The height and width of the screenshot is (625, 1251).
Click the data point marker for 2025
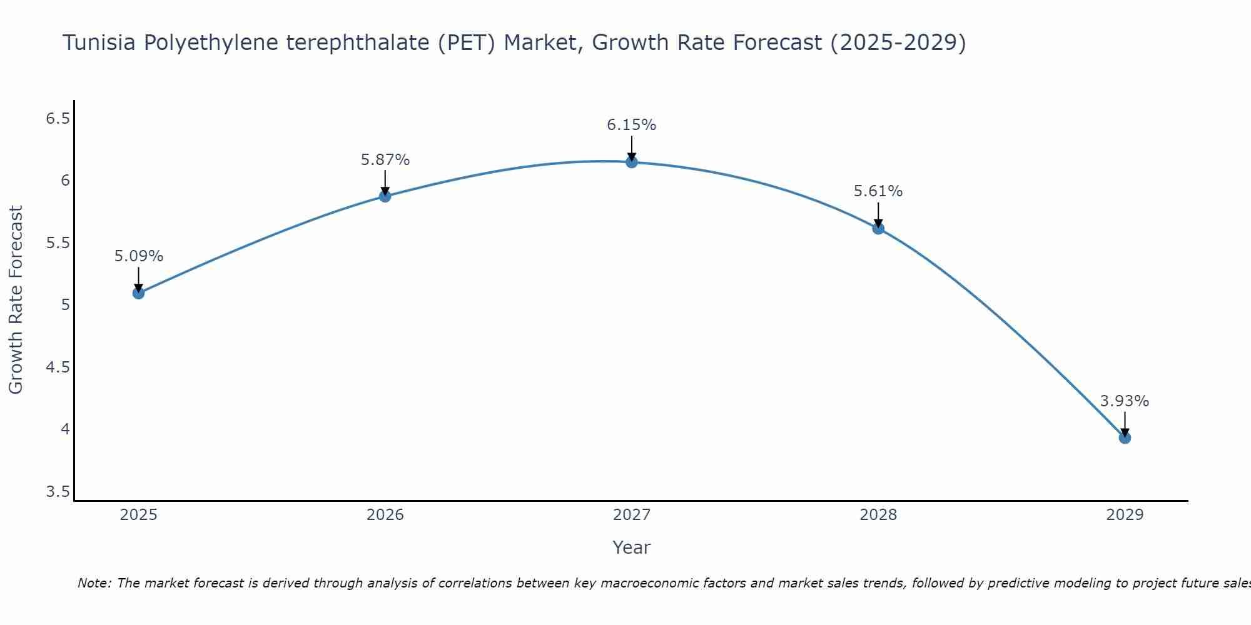coord(138,292)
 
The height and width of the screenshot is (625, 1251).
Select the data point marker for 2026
coord(385,196)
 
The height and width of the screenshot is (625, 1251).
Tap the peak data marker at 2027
coord(631,162)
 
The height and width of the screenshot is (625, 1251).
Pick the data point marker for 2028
coord(878,228)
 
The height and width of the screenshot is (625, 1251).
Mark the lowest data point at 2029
coord(1124,437)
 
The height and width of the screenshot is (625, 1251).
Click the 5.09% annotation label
coord(138,256)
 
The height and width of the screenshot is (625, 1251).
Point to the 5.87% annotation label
coord(385,160)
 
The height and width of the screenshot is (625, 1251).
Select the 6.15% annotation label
coord(631,125)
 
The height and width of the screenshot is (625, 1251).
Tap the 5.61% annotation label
coord(878,191)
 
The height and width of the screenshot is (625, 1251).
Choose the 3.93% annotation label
coord(1124,401)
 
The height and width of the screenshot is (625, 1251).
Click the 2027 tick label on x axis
coord(631,515)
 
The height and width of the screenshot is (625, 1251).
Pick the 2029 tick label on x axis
coord(1124,515)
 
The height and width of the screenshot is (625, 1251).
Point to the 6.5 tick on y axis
coord(58,118)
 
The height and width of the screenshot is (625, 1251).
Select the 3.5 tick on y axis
coord(58,492)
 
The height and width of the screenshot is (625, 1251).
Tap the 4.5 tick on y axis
coord(58,367)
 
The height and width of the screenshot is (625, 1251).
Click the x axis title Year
coord(631,547)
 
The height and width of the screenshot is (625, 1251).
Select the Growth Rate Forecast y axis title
coord(16,300)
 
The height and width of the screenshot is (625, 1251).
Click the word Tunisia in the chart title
coord(100,43)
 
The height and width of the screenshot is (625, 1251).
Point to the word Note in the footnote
coord(94,583)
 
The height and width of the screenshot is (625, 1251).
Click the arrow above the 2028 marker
coord(878,215)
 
